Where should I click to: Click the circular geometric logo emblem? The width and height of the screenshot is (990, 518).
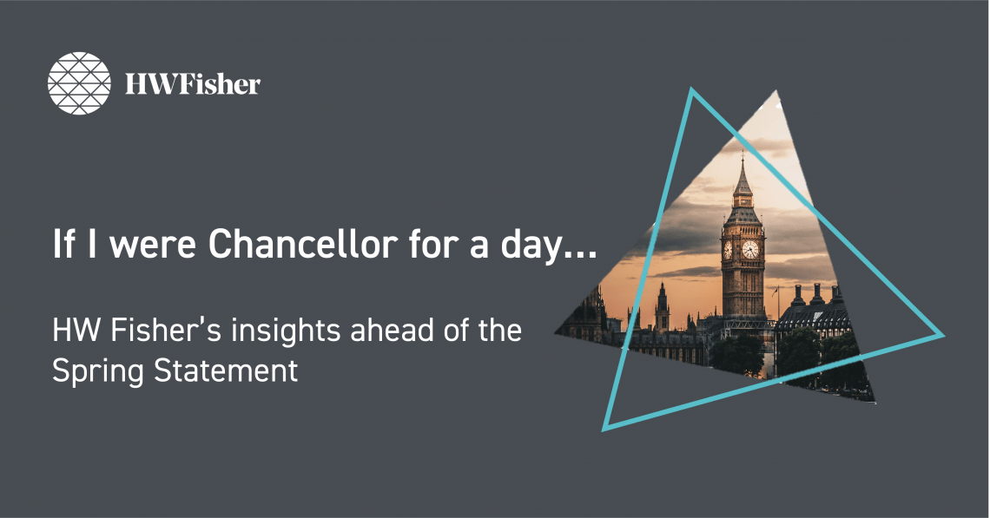(x=79, y=83)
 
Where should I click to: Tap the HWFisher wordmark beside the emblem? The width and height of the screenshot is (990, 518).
(x=193, y=84)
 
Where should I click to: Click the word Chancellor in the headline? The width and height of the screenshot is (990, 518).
(x=303, y=244)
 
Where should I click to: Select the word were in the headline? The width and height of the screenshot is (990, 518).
(x=152, y=246)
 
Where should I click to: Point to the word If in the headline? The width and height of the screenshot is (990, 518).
(x=63, y=244)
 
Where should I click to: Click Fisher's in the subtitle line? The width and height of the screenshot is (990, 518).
(x=165, y=331)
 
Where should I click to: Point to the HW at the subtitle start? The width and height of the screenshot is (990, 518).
(x=76, y=331)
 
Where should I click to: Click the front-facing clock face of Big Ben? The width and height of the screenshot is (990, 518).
(x=749, y=249)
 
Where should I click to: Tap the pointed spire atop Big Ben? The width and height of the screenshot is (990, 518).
(x=742, y=174)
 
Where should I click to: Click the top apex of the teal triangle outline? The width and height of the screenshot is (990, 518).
(x=692, y=89)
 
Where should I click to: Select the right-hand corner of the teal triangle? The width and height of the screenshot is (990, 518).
(x=943, y=335)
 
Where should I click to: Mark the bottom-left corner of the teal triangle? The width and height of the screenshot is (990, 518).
(x=604, y=429)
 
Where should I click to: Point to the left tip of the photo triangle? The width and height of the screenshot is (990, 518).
(x=556, y=333)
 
